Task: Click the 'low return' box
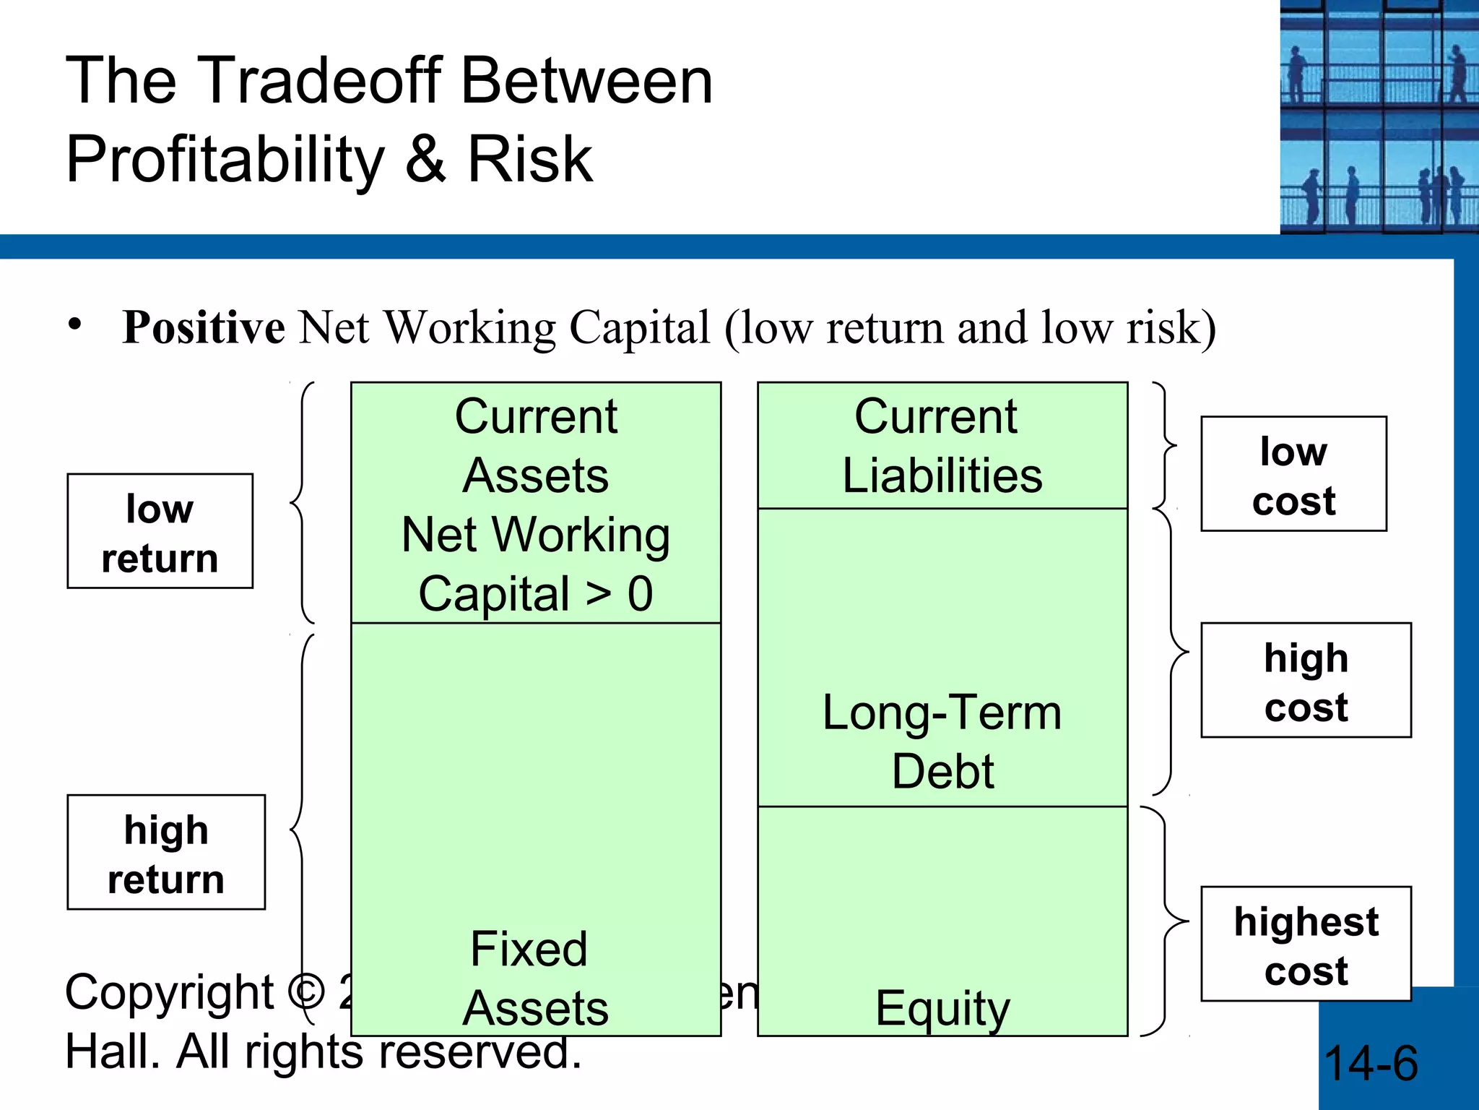coord(160,531)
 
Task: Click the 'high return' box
coord(166,852)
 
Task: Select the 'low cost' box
coord(1293,474)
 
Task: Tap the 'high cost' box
coord(1306,680)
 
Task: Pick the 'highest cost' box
coord(1306,944)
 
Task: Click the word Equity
coord(942,1009)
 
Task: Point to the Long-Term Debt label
coord(942,741)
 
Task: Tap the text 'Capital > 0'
coord(535,594)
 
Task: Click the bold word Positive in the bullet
coord(204,328)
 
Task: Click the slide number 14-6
coord(1370,1063)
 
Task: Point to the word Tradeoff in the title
coord(318,80)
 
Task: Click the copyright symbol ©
coord(306,992)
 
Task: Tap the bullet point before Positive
coord(74,324)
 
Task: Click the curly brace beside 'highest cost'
coord(1165,921)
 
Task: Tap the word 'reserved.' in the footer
coord(480,1051)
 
